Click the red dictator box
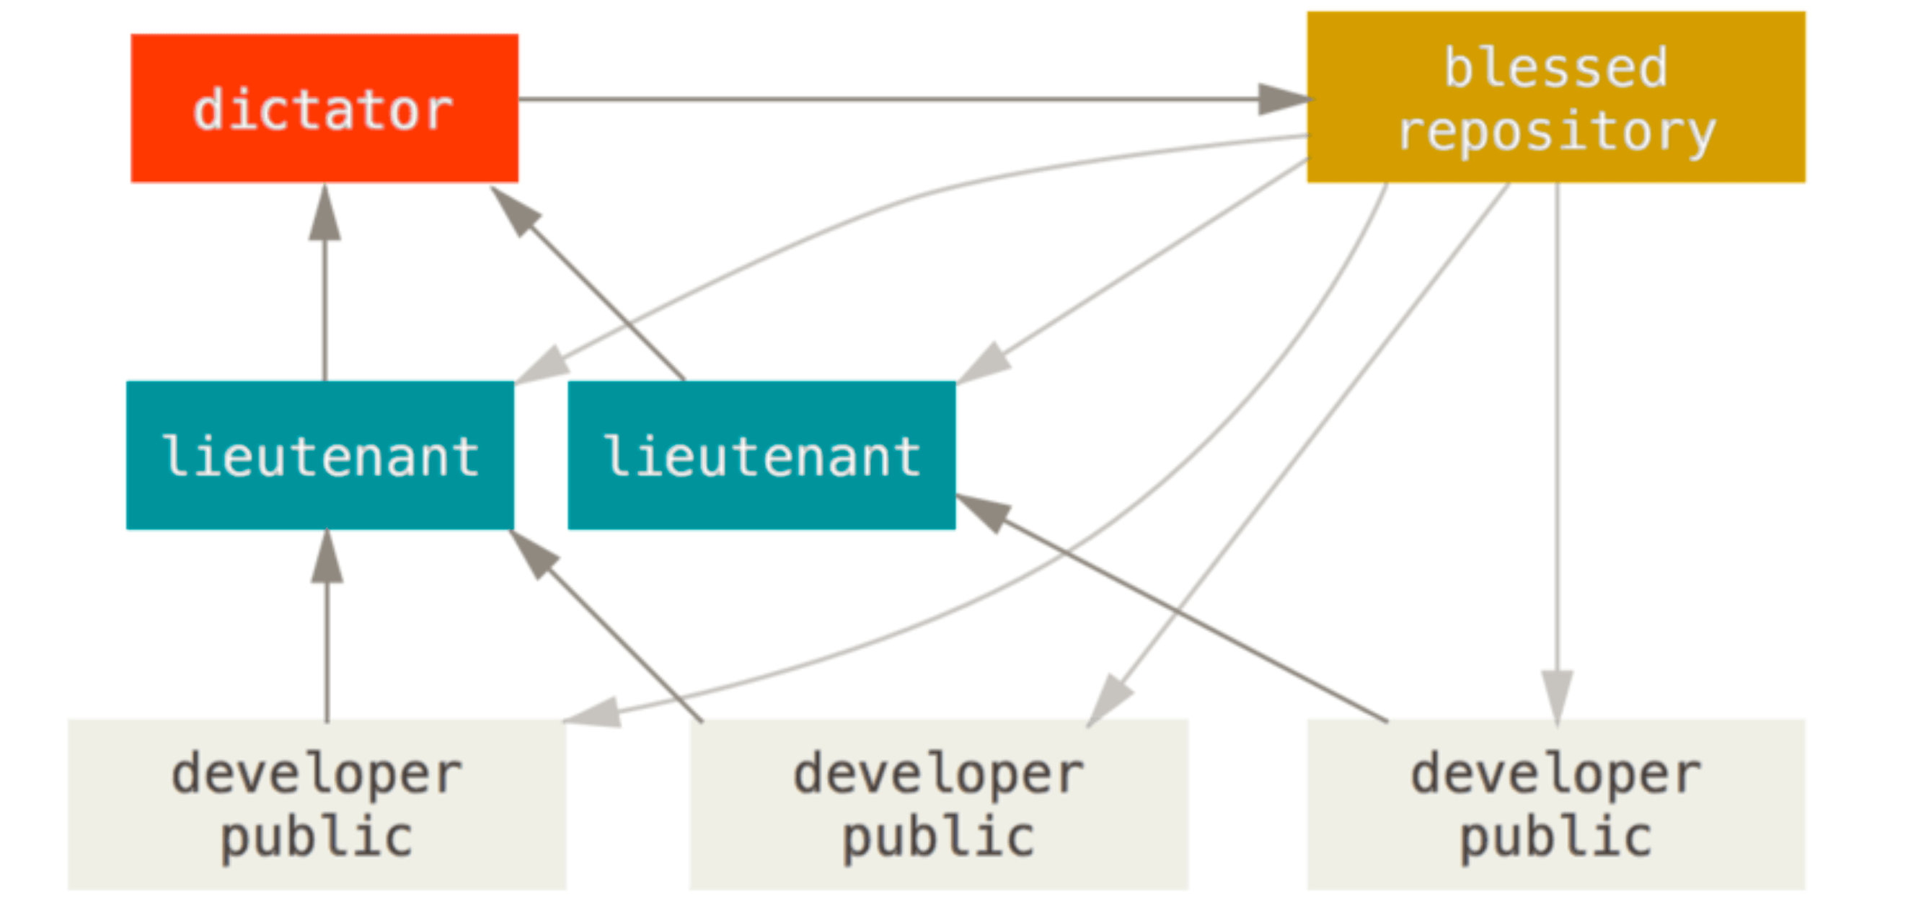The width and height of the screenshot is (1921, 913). (324, 108)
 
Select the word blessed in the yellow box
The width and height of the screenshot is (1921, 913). (1555, 67)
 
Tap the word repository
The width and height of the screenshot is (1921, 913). (1556, 133)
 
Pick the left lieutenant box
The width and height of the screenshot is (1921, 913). (320, 455)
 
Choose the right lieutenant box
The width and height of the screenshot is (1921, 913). (761, 455)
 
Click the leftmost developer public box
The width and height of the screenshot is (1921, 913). (317, 804)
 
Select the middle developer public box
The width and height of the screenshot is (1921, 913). (939, 804)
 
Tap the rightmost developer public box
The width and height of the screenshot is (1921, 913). (1556, 804)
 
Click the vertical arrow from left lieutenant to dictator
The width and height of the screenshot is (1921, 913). (324, 283)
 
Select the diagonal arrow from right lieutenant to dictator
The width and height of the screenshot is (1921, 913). (587, 283)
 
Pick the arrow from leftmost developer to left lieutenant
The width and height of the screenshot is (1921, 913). (327, 625)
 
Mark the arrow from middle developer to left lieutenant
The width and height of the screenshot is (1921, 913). (606, 626)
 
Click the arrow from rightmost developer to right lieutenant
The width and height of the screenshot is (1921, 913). (1172, 608)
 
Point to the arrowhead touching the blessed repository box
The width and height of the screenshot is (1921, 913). (1285, 99)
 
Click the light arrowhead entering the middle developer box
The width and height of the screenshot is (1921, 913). (1110, 700)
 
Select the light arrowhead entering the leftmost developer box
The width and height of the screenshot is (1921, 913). (593, 712)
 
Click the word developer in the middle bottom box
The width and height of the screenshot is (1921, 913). (939, 775)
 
